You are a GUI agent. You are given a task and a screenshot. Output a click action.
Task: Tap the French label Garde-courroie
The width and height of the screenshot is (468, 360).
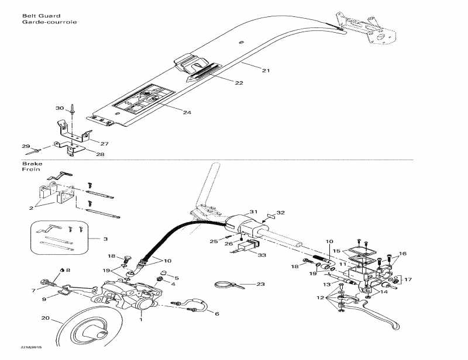tap(42, 22)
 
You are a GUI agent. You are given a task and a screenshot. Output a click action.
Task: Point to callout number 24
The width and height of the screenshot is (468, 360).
tap(187, 112)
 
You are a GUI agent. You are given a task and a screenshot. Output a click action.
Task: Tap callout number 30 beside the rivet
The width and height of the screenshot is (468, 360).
tap(59, 108)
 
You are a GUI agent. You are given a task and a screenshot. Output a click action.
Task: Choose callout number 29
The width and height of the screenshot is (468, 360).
tap(25, 146)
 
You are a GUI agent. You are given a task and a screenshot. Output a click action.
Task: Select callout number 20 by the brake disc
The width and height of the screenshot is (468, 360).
tap(44, 319)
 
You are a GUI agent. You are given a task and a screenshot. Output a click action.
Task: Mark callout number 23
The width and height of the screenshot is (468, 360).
tap(260, 284)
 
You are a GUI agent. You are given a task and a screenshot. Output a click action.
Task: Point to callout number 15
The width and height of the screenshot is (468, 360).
tap(336, 251)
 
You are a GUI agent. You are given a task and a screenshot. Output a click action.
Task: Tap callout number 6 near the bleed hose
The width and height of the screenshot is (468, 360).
tap(217, 314)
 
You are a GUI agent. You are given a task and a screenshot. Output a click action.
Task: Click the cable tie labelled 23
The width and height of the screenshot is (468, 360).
tap(225, 285)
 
